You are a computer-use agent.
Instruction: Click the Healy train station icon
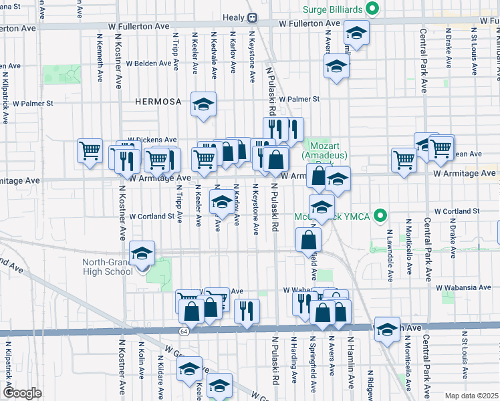pos(253,17)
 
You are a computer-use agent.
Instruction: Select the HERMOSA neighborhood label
pos(158,102)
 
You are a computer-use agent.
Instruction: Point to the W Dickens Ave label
pos(152,140)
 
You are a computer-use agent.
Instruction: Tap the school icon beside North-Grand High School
pos(142,254)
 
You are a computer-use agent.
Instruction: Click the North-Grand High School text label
pos(107,267)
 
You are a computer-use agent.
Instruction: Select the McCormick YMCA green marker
pos(381,216)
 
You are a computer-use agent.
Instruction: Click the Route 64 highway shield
pos(183,331)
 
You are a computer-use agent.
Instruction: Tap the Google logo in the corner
pos(21,393)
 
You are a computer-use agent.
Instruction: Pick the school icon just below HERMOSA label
pos(203,104)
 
